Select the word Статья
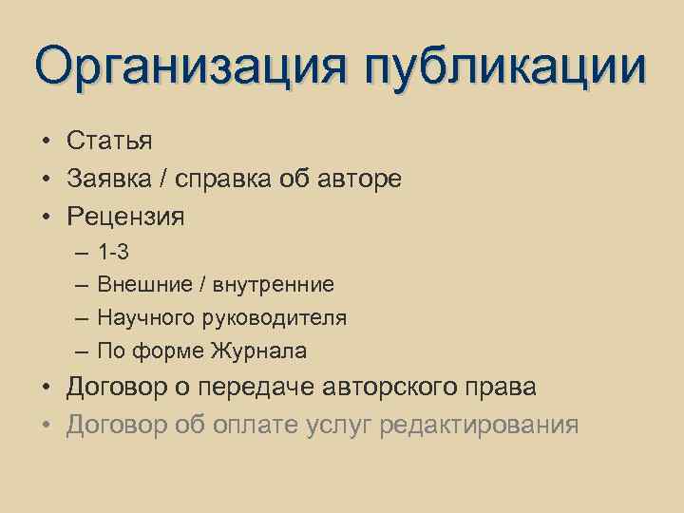click(x=109, y=141)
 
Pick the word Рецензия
click(x=125, y=218)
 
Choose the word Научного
click(x=145, y=317)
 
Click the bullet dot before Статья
click(x=46, y=141)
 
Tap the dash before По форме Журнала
click(x=82, y=351)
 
